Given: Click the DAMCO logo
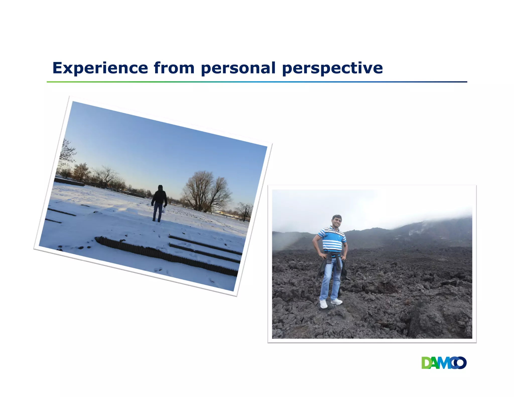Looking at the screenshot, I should coord(444,363).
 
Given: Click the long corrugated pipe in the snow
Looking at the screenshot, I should coord(166,255).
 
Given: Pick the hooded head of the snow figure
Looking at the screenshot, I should coord(160,188).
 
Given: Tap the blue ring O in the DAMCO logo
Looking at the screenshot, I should coord(460,363).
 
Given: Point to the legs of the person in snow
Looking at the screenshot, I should coord(158,212).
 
